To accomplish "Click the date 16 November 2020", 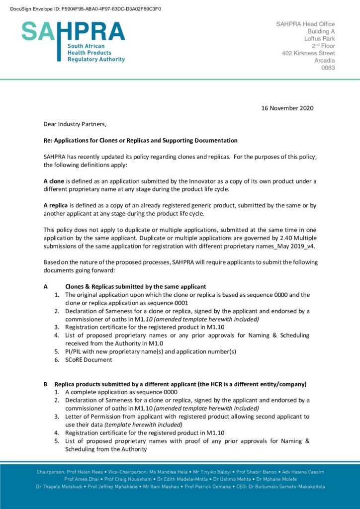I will tap(287, 108).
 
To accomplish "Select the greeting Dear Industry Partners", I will tap(75, 124).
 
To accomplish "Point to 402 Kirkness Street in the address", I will tap(308, 53).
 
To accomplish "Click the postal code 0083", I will tap(328, 68).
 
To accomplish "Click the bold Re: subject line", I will tap(140, 141).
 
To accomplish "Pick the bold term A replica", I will tap(56, 205).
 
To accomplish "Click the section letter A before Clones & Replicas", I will tap(46, 287).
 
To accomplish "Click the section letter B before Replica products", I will tap(46, 384).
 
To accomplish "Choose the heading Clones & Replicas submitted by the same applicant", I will tap(135, 287).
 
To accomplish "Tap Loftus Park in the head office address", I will tap(319, 38).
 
